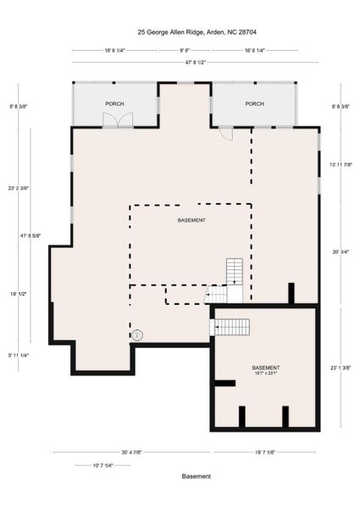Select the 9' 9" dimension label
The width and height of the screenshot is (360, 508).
click(x=185, y=50)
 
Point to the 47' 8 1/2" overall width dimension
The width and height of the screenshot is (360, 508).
click(x=186, y=62)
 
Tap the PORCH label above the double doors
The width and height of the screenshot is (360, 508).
click(x=114, y=103)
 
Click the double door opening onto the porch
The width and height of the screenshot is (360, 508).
click(x=118, y=119)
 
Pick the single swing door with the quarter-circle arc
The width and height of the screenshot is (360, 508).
click(x=226, y=133)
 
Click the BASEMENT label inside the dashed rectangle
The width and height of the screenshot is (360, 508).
click(x=191, y=220)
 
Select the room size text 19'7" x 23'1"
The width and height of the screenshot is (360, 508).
click(x=266, y=373)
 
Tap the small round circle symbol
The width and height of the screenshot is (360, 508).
click(x=137, y=334)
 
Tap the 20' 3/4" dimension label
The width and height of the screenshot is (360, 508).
click(x=341, y=251)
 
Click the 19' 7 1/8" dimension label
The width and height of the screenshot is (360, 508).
click(x=265, y=452)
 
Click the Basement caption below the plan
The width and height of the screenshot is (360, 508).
click(x=197, y=477)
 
